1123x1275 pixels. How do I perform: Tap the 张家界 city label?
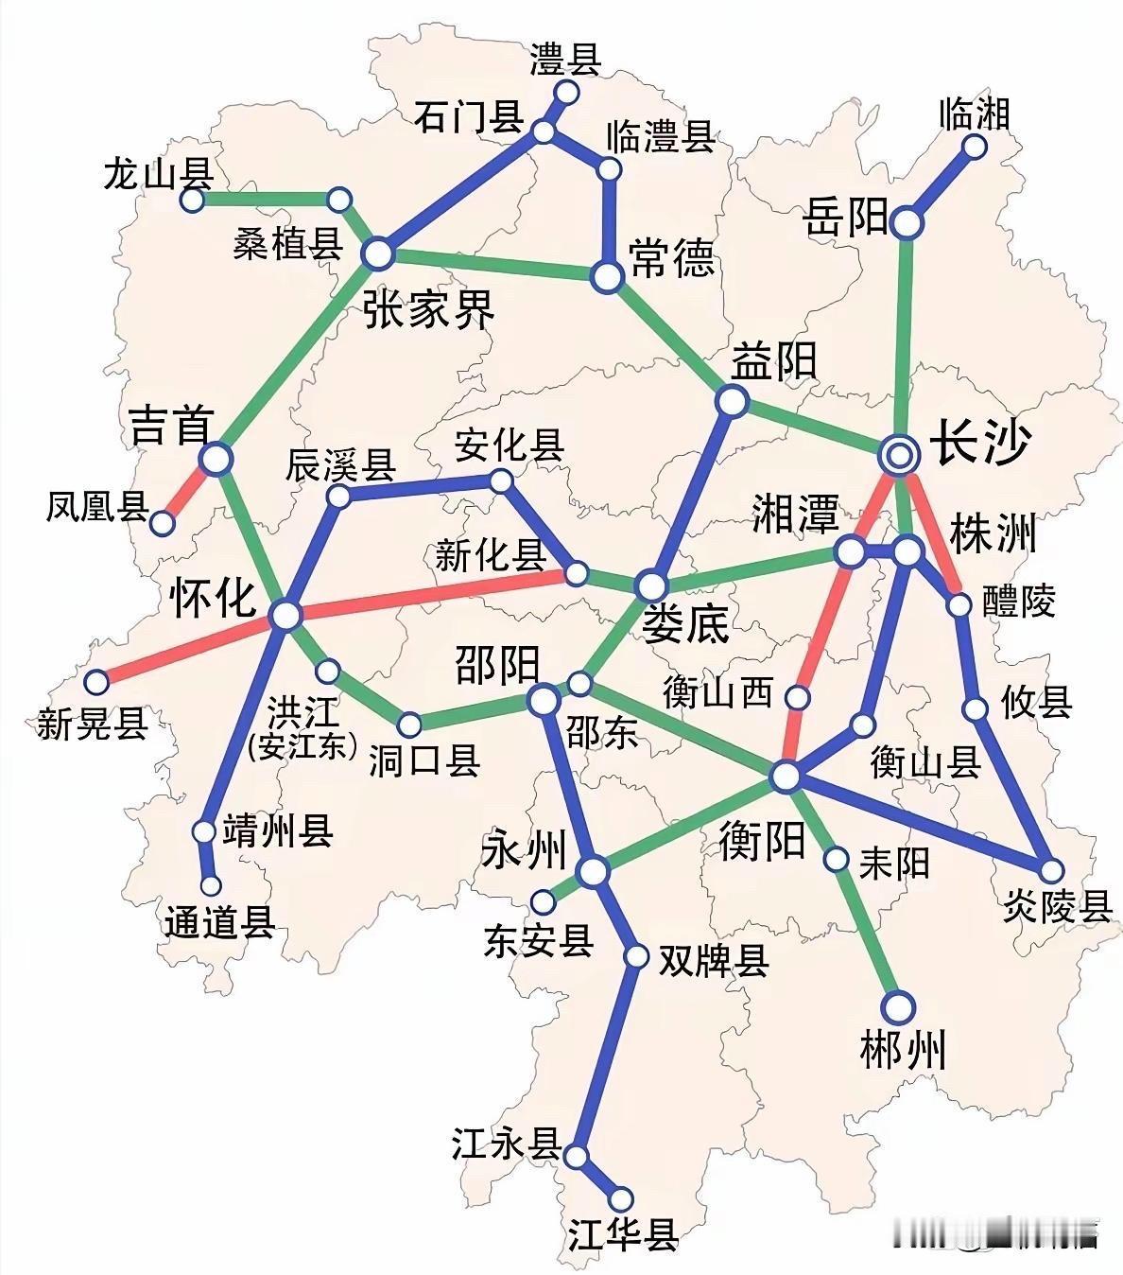point(428,309)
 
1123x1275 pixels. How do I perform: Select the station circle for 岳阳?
point(907,222)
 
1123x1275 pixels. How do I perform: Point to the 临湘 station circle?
point(975,147)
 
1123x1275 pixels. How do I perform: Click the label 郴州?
point(903,1052)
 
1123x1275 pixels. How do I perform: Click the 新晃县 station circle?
point(97,681)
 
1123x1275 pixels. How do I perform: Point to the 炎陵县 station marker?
point(1049,869)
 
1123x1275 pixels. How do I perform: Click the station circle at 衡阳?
point(786,777)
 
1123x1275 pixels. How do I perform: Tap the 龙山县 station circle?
point(193,201)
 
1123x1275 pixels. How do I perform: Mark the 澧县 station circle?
point(567,92)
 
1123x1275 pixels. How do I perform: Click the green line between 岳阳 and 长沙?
point(906,341)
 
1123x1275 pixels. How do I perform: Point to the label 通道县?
point(219,922)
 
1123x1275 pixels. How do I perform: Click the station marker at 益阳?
point(732,401)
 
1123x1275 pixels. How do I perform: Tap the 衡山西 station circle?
point(799,698)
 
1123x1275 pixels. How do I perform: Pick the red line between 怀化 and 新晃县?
point(189,649)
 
